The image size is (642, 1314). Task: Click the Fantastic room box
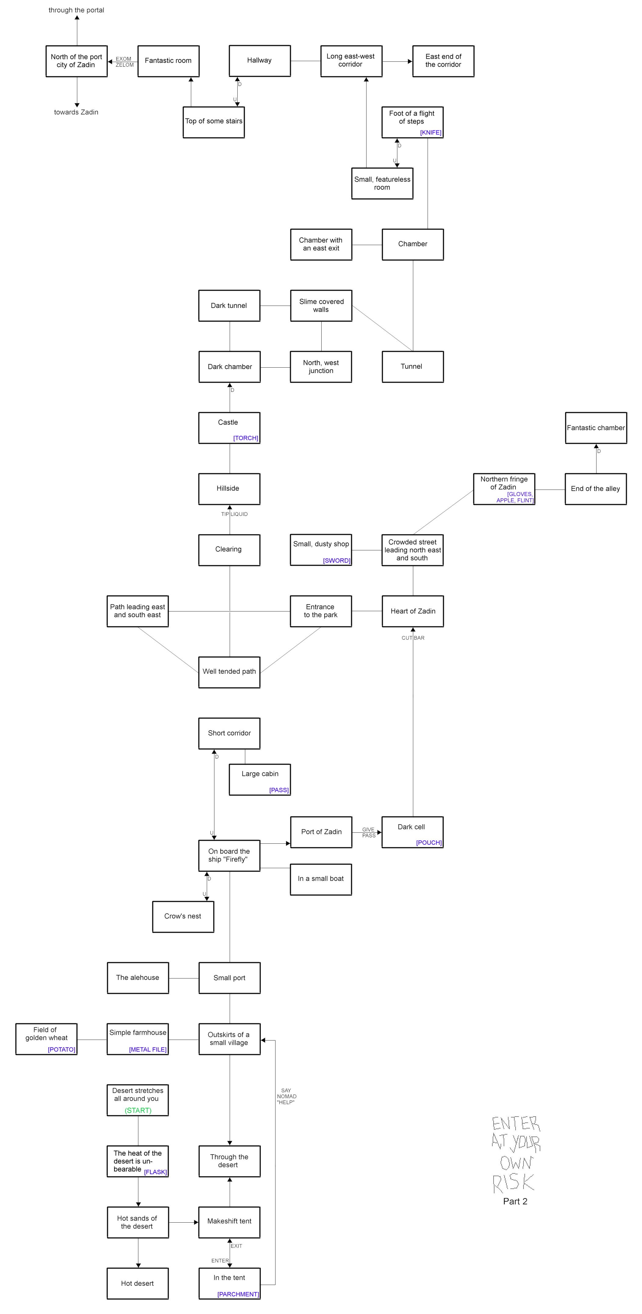[x=168, y=61]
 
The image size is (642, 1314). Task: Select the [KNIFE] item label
[x=431, y=133]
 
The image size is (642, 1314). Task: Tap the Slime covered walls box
[x=321, y=306]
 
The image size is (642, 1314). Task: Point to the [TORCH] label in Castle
[x=246, y=438]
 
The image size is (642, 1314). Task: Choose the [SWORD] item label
[x=337, y=561]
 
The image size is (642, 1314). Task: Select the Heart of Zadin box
[x=413, y=611]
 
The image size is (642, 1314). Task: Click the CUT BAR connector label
[x=413, y=638]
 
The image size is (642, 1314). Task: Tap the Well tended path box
[x=229, y=672]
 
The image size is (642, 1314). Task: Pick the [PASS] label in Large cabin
[x=279, y=790]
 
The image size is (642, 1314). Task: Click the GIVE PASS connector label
[x=369, y=832]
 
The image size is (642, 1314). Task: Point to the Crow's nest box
[x=183, y=917]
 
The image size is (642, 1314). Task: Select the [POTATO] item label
[x=62, y=1049]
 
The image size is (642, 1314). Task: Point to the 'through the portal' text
[x=76, y=10]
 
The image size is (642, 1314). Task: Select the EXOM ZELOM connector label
[x=124, y=62]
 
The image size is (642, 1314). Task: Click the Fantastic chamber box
[x=596, y=428]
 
